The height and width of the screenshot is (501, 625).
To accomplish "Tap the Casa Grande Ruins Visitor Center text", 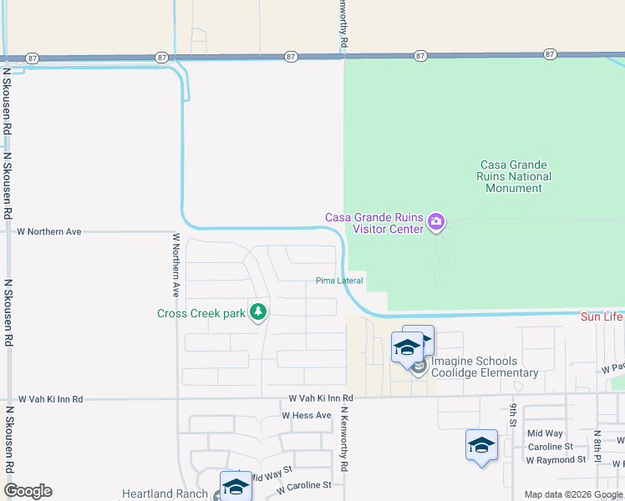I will (x=373, y=223).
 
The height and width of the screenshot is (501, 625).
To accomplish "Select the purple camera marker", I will (x=435, y=222).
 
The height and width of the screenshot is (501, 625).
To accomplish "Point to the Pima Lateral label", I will (x=338, y=281).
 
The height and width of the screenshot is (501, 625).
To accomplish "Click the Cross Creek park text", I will (x=201, y=314).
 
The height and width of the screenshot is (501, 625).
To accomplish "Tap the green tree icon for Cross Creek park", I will (x=259, y=312).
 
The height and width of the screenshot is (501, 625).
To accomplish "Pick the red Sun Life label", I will (x=602, y=317).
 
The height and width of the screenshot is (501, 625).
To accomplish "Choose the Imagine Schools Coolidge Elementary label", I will (x=485, y=367).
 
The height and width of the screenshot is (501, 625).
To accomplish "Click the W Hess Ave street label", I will (x=307, y=415).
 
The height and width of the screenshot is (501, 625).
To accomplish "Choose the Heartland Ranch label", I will (x=165, y=494).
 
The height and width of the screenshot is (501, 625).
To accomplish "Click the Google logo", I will (x=28, y=491).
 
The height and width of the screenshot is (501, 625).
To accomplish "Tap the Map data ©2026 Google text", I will (x=572, y=494).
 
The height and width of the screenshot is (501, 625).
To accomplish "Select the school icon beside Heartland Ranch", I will (x=236, y=486).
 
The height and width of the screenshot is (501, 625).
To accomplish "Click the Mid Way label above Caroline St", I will (x=545, y=433).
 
